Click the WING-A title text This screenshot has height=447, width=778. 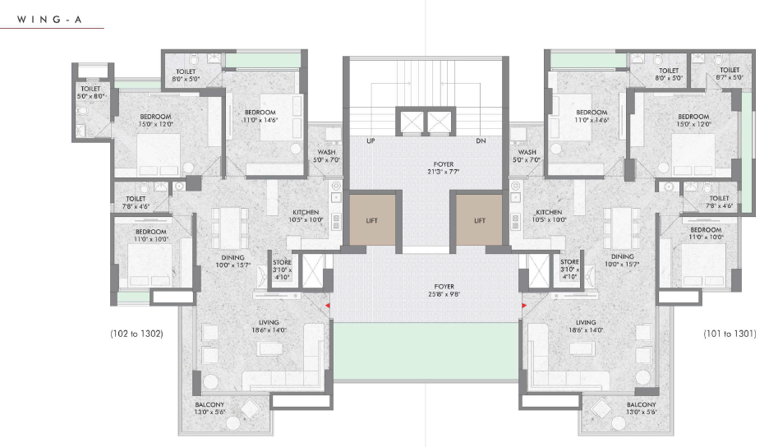click(49, 20)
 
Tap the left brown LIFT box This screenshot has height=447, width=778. click(373, 219)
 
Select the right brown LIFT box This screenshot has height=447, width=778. click(479, 219)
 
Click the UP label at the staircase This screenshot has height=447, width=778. click(371, 141)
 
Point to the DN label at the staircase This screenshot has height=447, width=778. click(481, 141)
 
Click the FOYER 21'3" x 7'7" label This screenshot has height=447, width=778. click(443, 168)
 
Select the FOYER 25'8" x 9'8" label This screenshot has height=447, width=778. click(444, 290)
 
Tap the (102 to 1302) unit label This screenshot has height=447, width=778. click(136, 334)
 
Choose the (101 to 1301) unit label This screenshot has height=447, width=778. click(730, 334)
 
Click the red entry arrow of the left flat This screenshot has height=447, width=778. click(328, 306)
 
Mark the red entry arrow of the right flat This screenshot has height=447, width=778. click(524, 306)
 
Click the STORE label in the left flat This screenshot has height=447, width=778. click(282, 262)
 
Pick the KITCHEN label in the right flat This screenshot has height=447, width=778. click(549, 212)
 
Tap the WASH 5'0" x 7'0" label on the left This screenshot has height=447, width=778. click(326, 156)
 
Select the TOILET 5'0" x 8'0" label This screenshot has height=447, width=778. click(90, 92)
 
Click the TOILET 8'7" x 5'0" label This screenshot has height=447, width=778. click(730, 73)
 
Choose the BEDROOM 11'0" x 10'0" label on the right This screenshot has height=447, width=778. click(706, 233)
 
